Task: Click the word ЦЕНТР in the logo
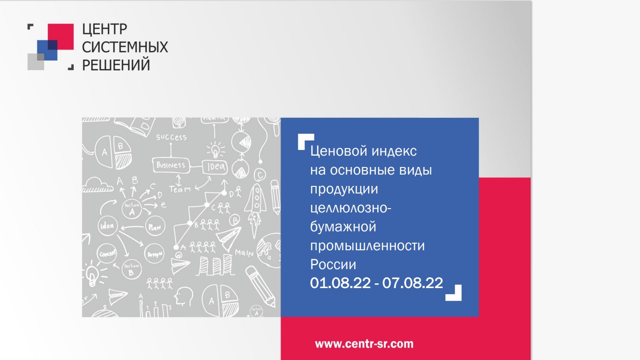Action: pyautogui.click(x=105, y=30)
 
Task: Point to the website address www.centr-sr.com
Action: pyautogui.click(x=364, y=343)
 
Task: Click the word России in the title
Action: pyautogui.click(x=333, y=264)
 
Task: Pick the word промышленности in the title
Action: pyautogui.click(x=367, y=246)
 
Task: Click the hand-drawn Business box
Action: pyautogui.click(x=171, y=165)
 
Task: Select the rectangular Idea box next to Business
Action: pyautogui.click(x=214, y=167)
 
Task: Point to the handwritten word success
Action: pyautogui.click(x=171, y=138)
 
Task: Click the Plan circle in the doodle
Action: pyautogui.click(x=154, y=226)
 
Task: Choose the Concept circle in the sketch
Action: pyautogui.click(x=107, y=254)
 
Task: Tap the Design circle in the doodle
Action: pyautogui.click(x=154, y=253)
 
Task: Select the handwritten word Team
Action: pyautogui.click(x=179, y=189)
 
